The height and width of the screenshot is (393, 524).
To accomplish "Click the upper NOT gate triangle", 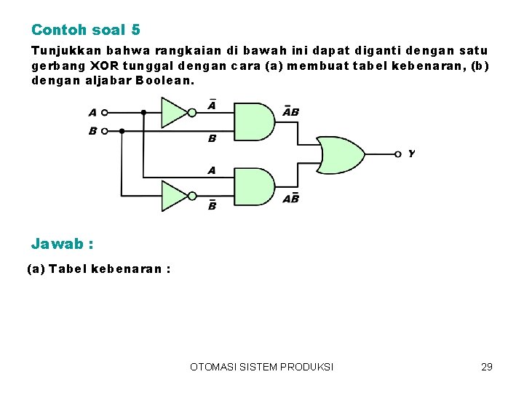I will (172, 113).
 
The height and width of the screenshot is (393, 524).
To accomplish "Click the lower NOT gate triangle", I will (172, 196).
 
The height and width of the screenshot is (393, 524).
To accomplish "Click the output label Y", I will (412, 154).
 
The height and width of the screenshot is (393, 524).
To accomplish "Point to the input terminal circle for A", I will (104, 113).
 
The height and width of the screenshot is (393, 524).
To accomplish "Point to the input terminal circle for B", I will (104, 132).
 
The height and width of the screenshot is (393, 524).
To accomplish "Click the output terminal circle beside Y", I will (397, 154).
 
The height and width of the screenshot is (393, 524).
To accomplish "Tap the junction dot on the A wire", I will (143, 113).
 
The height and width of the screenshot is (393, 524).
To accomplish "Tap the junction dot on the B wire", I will (122, 132).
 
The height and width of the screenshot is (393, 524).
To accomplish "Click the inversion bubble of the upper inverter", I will (192, 113).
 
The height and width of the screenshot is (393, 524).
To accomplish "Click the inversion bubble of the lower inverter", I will (192, 196).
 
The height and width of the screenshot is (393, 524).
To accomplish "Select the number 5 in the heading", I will (136, 30).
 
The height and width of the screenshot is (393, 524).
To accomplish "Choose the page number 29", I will (487, 367).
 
